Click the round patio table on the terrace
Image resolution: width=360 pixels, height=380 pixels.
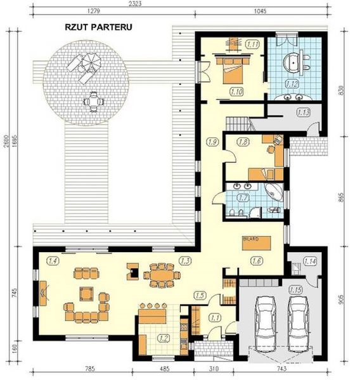pyautogui.click(x=94, y=99)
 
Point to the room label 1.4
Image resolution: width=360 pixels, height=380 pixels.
pyautogui.click(x=53, y=260)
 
